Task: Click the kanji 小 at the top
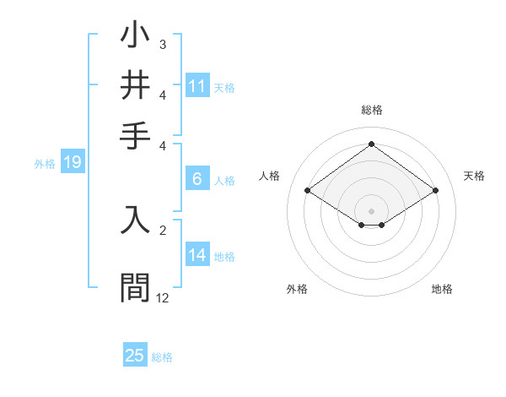tap(135, 37)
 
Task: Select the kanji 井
tap(135, 85)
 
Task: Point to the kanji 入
tap(135, 219)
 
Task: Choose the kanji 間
tap(135, 287)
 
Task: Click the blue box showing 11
tap(196, 86)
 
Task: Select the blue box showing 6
tap(196, 179)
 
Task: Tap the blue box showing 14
tap(196, 256)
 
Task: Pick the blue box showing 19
tap(73, 163)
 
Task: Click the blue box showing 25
tap(135, 356)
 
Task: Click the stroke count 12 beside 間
tap(162, 297)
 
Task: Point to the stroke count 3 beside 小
tap(162, 45)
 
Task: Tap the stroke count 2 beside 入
tap(162, 228)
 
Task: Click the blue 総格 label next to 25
tap(162, 357)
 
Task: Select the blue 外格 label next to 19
tap(45, 164)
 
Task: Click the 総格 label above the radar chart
tap(371, 110)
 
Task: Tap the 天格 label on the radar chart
tap(474, 176)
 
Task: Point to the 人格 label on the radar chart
tap(270, 176)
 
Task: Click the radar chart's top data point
tap(371, 144)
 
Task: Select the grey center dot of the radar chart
tap(371, 210)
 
